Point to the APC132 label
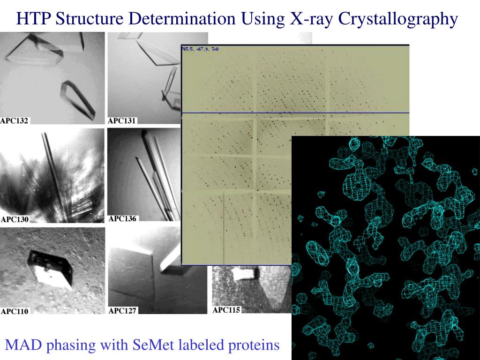pyautogui.click(x=15, y=121)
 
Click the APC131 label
pyautogui.click(x=122, y=121)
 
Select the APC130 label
pyautogui.click(x=15, y=219)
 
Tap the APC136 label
pyautogui.click(x=123, y=218)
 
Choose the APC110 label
pyautogui.click(x=15, y=311)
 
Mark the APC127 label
pyautogui.click(x=122, y=310)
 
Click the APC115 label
pyautogui.click(x=227, y=310)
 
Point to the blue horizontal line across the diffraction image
pyautogui.click(x=295, y=113)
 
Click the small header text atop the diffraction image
pyautogui.click(x=198, y=49)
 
